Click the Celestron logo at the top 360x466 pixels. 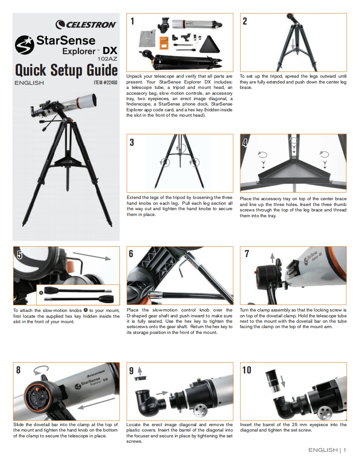click(86, 25)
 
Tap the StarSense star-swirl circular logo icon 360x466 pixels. click(25, 45)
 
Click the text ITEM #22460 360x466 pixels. click(105, 83)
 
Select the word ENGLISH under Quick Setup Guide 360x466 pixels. click(29, 83)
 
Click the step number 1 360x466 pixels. click(132, 21)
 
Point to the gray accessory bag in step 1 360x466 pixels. click(148, 38)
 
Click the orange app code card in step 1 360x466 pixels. click(164, 42)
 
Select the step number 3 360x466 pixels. click(131, 142)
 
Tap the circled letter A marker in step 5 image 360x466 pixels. click(41, 293)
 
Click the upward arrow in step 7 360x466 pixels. click(272, 258)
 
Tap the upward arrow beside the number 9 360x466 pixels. click(140, 370)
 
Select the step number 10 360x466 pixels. click(247, 370)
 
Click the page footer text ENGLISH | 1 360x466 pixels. click(327, 450)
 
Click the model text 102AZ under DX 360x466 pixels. click(107, 59)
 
